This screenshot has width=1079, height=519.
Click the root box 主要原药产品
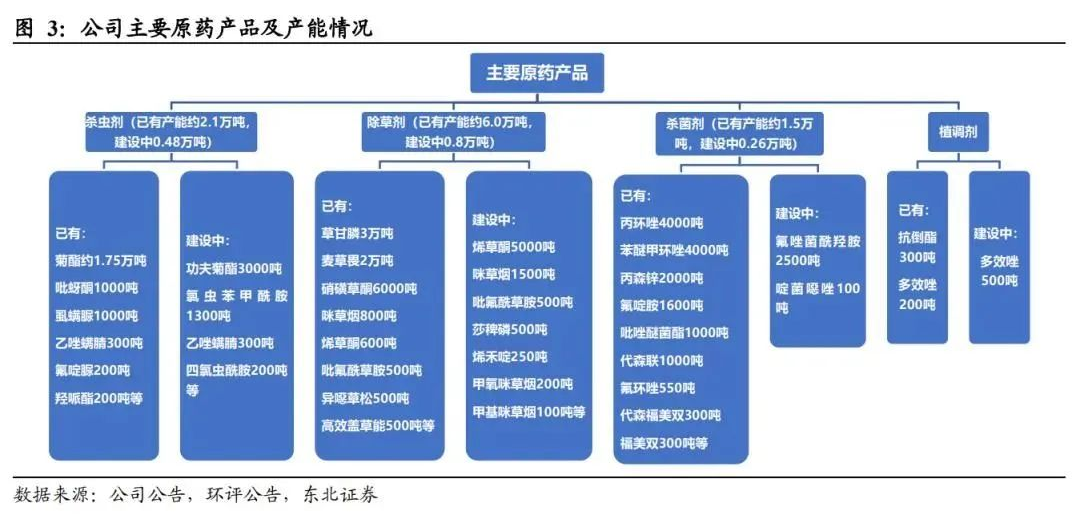click(537, 73)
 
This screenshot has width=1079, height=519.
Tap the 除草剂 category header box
click(448, 132)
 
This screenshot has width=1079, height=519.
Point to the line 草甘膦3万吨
click(357, 234)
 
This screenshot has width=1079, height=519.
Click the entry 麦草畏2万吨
click(357, 262)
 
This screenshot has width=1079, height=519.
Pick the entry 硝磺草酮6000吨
click(369, 289)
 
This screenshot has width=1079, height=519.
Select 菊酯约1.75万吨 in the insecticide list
click(100, 262)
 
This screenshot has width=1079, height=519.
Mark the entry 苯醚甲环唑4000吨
click(674, 251)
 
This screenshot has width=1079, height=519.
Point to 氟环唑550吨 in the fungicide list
click(657, 388)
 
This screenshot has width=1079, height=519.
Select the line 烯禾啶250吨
click(510, 357)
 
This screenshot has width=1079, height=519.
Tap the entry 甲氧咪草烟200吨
click(522, 384)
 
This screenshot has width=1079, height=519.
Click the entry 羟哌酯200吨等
click(98, 398)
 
